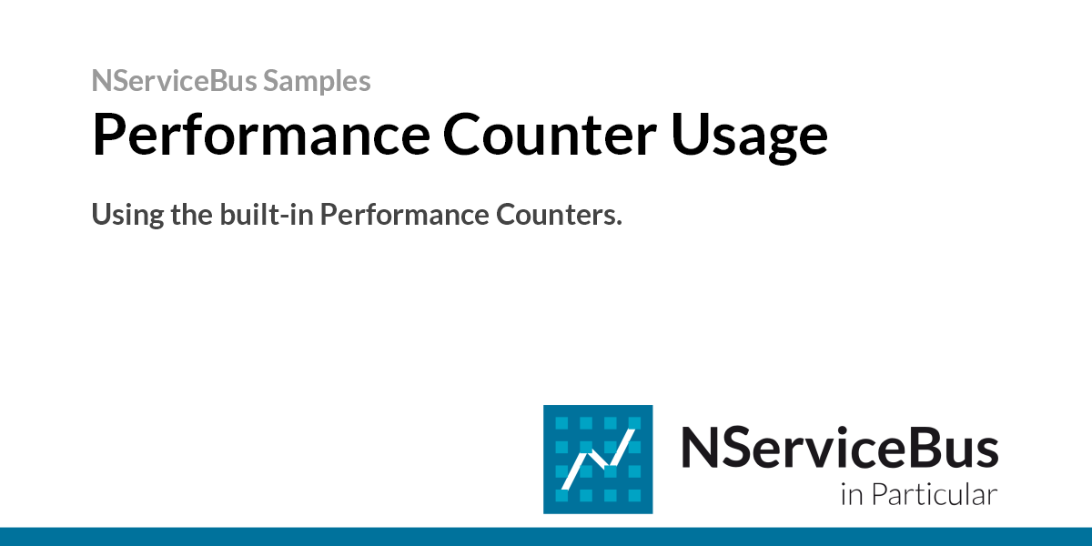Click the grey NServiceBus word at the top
(x=174, y=81)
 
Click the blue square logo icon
(x=597, y=459)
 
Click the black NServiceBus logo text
(x=839, y=448)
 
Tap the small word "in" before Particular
(x=851, y=496)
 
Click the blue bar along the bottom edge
(x=546, y=536)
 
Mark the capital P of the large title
(x=110, y=135)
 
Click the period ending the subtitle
(x=619, y=224)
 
